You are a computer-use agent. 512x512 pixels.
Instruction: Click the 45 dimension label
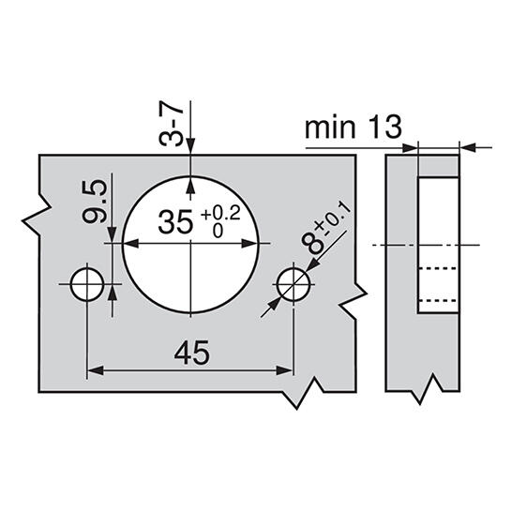coord(191,353)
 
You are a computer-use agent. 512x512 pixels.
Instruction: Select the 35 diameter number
coord(175,222)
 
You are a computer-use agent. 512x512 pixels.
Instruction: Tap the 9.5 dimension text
coord(95,203)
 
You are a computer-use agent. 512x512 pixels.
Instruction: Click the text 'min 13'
coord(354,127)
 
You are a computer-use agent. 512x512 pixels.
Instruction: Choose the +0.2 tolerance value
coord(220,214)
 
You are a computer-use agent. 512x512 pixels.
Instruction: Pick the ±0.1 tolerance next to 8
coord(333,220)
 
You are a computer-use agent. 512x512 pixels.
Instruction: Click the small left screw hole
coord(87,284)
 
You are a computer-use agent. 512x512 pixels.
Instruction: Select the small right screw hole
coord(294,284)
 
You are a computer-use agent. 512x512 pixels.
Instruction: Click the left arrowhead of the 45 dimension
coord(96,370)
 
